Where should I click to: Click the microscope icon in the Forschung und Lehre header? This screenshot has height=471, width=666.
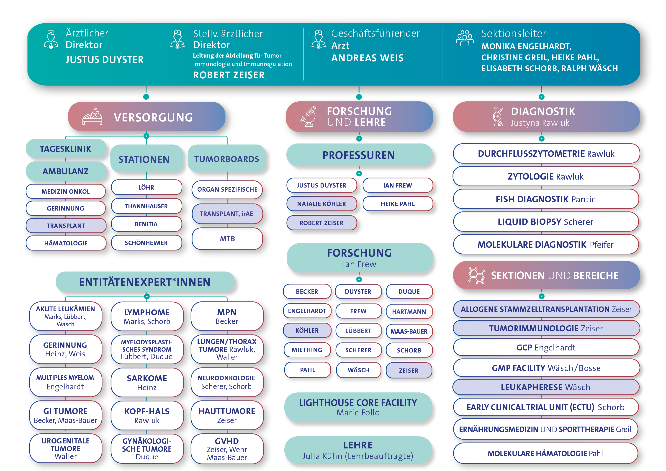(308, 117)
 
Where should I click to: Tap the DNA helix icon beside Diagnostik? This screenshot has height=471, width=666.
(498, 117)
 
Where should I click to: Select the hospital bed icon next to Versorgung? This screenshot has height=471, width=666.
(93, 117)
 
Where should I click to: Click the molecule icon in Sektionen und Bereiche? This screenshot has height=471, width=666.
(476, 275)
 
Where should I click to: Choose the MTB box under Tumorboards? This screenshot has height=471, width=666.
(227, 239)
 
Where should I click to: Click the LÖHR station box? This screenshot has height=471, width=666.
(147, 187)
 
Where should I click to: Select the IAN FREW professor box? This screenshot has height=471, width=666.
(397, 185)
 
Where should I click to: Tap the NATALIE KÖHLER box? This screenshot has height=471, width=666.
(321, 204)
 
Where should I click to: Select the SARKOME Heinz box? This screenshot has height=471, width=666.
(147, 383)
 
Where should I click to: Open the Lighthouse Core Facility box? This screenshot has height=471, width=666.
(358, 407)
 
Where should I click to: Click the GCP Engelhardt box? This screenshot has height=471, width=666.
(546, 347)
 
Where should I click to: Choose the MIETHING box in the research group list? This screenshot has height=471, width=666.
(307, 350)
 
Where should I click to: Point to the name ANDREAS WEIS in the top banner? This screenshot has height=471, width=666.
(367, 58)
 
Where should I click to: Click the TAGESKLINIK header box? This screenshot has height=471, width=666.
(66, 149)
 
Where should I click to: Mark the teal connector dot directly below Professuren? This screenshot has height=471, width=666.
(359, 173)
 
